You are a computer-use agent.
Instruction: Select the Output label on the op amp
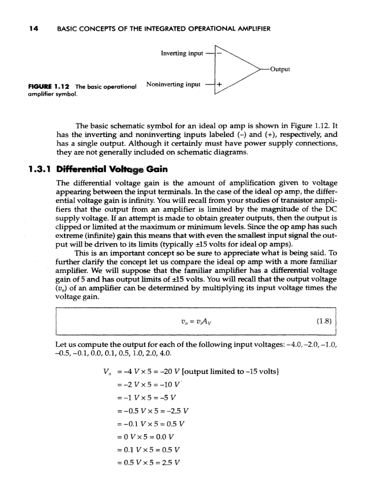pos(280,69)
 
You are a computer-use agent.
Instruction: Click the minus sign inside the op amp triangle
pos(219,53)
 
